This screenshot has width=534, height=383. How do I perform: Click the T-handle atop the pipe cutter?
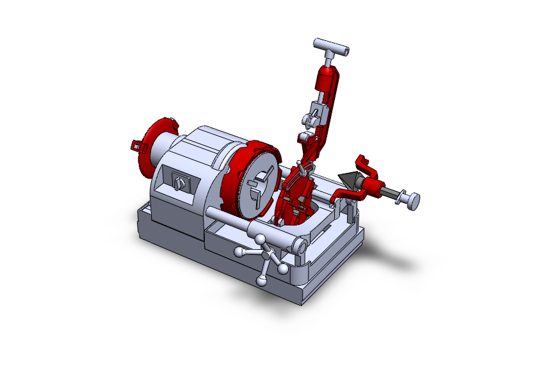[331, 47]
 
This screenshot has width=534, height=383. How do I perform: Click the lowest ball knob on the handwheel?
[262, 280]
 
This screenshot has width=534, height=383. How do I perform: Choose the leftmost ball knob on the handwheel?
[238, 252]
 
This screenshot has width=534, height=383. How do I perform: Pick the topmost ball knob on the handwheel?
[260, 240]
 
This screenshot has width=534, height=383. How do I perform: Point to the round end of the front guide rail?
[300, 245]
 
